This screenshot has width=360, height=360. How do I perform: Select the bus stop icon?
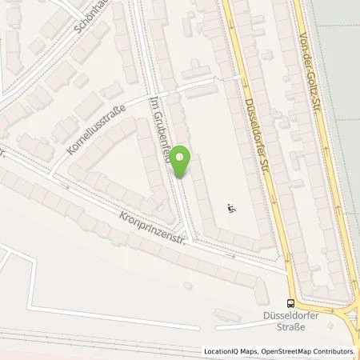pyautogui.click(x=290, y=303)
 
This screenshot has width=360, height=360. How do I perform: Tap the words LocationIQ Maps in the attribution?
pyautogui.click(x=230, y=351)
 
